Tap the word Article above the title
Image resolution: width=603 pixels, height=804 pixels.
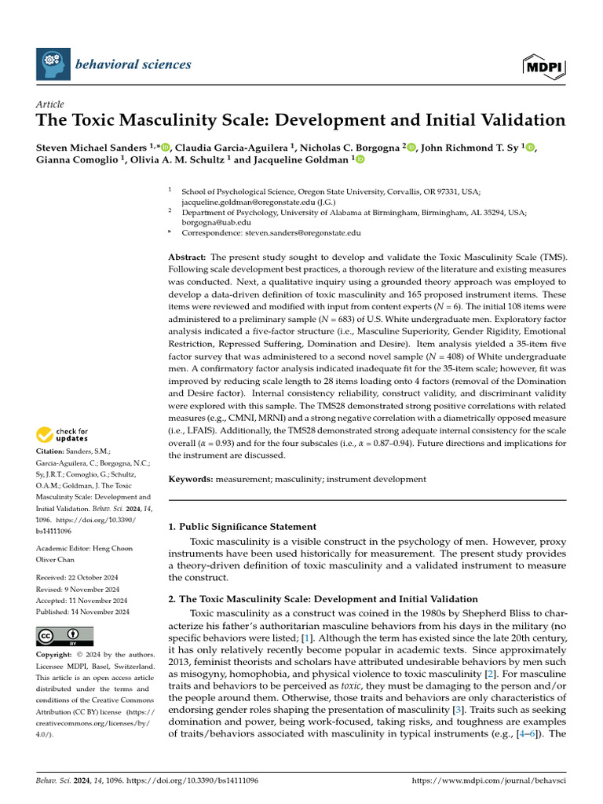point(50,104)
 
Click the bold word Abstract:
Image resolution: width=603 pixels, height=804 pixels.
point(188,258)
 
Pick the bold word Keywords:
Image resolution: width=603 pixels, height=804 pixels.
point(192,478)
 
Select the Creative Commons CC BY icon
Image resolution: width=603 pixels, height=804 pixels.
point(64,636)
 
